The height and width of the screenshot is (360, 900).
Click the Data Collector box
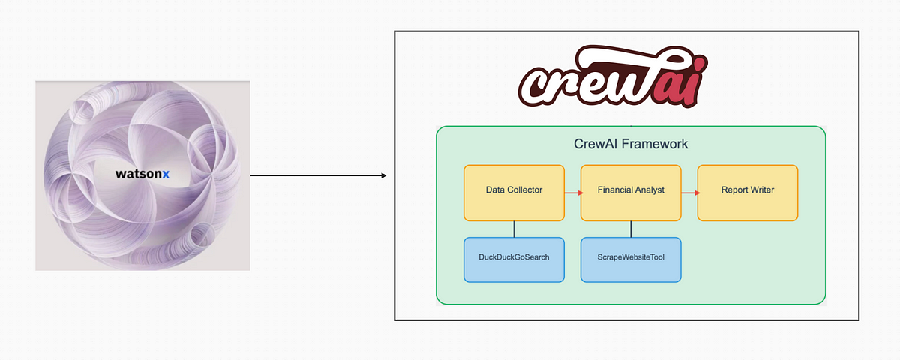point(514,193)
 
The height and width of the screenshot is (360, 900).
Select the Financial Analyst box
point(631,193)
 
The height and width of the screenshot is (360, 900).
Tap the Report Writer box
point(747,193)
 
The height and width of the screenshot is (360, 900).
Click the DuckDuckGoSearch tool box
point(514,259)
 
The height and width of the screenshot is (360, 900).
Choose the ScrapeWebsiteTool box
point(631,259)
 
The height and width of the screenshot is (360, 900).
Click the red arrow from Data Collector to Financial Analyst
point(573,193)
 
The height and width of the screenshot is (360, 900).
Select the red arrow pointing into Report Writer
point(690,193)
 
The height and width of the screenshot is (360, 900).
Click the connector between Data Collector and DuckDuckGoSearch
point(514,229)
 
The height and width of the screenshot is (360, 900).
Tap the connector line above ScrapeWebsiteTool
point(631,229)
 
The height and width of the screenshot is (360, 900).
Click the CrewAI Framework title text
point(630,144)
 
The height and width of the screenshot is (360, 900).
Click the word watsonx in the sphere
point(142,174)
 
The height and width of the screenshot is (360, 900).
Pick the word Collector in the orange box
point(525,190)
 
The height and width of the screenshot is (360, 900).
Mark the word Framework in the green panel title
point(658,144)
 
